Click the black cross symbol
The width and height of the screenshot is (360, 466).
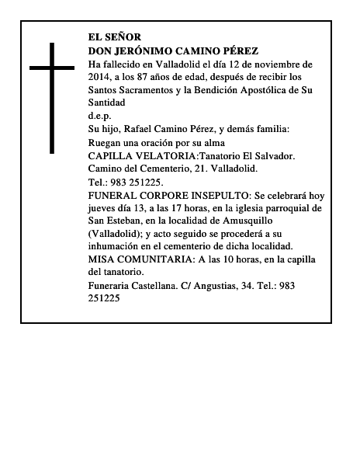click(52, 97)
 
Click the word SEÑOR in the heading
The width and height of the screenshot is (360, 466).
click(123, 37)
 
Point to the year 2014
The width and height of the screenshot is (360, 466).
click(100, 77)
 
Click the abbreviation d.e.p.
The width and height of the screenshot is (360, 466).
click(100, 115)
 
